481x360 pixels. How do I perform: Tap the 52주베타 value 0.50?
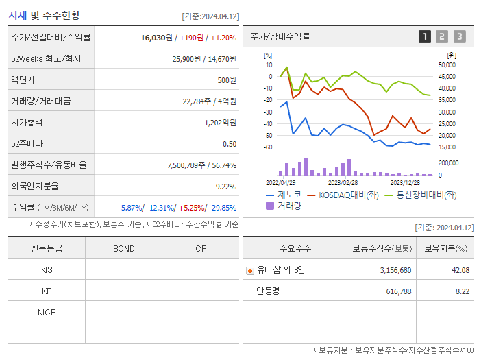click(x=229, y=144)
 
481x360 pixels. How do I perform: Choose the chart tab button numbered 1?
click(x=425, y=36)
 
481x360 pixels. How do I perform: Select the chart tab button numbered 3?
click(x=459, y=36)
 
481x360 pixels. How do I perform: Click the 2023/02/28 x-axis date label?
click(x=343, y=183)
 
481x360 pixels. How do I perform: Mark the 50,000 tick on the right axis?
click(x=447, y=65)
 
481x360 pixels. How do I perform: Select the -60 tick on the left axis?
click(x=268, y=147)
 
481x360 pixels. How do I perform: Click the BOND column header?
click(x=123, y=248)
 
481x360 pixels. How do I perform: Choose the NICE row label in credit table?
click(x=47, y=312)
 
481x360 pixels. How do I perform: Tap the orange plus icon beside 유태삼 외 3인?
click(x=249, y=270)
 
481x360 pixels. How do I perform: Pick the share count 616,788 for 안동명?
click(x=395, y=291)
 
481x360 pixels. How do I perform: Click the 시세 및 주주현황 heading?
click(x=44, y=15)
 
